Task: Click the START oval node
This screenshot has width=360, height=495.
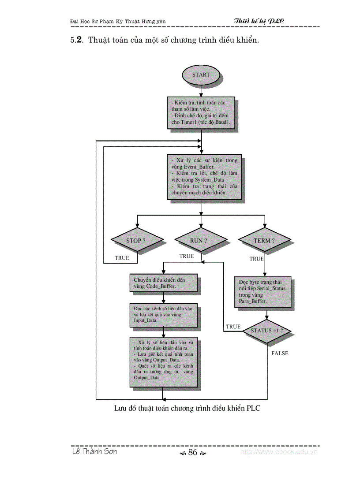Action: [x=201, y=74]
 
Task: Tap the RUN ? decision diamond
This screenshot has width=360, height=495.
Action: [x=201, y=241]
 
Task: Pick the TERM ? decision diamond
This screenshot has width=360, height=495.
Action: [x=264, y=241]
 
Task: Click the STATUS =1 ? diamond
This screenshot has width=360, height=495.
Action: [x=267, y=330]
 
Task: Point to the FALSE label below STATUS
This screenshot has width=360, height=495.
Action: [x=280, y=354]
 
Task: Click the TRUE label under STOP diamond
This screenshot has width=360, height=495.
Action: [x=122, y=258]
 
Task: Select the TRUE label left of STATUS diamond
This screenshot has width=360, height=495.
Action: [x=233, y=327]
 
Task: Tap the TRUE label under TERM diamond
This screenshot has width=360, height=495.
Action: [x=256, y=259]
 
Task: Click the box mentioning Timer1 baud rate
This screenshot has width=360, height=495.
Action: [x=200, y=112]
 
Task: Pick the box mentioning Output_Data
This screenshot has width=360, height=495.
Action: [x=163, y=362]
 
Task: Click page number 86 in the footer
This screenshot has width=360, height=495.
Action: [x=192, y=453]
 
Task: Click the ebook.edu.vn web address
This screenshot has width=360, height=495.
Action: [x=279, y=452]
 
